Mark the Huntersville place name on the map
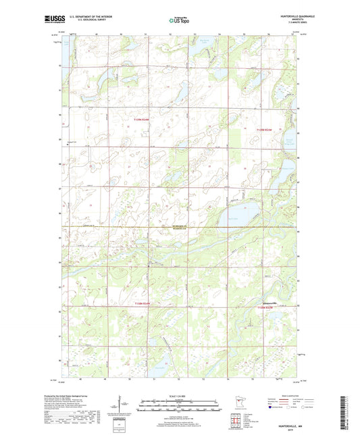point(269,303)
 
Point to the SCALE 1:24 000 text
point(179,396)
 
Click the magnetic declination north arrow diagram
point(122,406)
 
